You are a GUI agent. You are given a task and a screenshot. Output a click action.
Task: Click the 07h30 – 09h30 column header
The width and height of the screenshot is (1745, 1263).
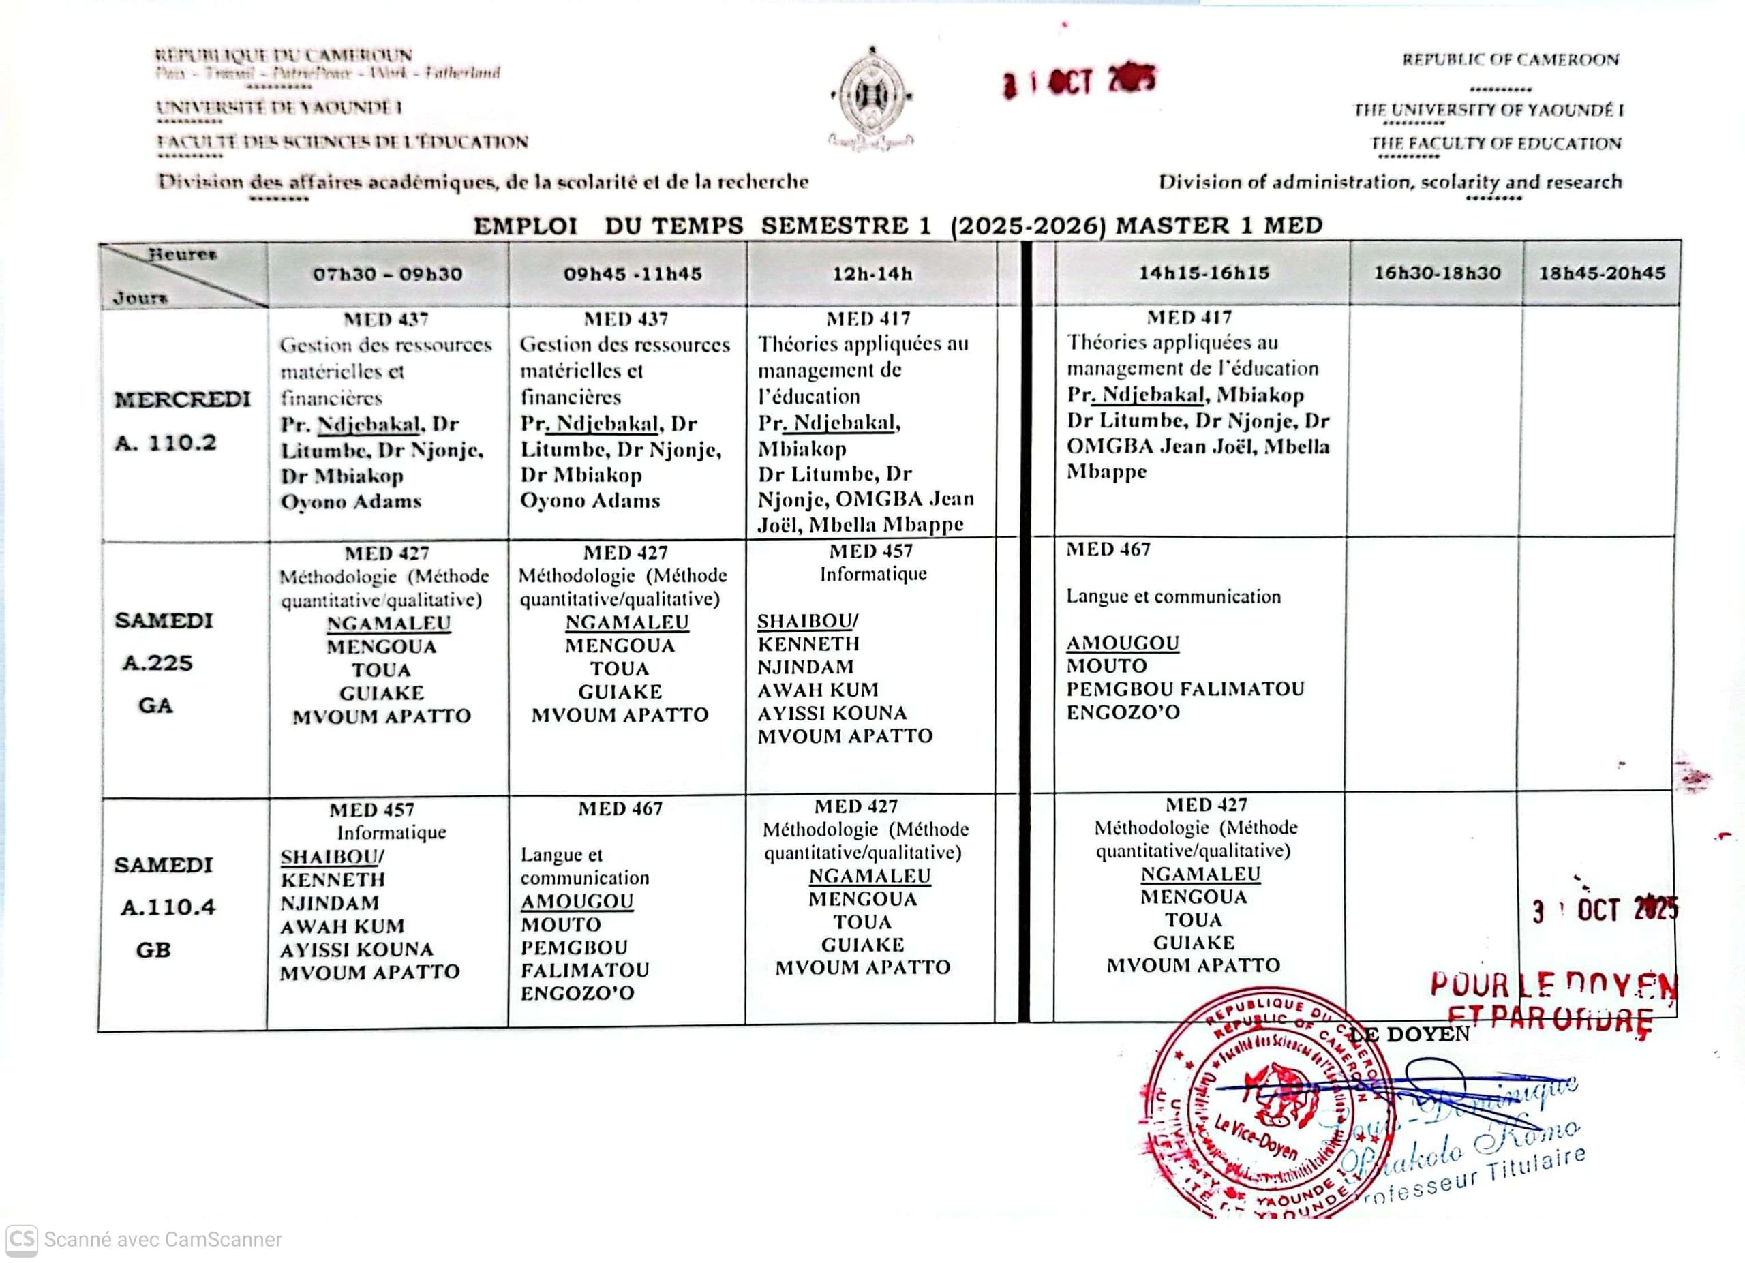tap(387, 275)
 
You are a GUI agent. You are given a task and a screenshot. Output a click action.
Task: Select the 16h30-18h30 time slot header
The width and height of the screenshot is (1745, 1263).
tap(1436, 273)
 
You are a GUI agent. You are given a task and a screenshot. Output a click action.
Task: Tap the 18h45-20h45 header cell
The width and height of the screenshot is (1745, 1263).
tap(1601, 273)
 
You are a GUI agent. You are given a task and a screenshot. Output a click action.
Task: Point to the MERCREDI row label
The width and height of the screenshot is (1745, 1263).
tap(183, 400)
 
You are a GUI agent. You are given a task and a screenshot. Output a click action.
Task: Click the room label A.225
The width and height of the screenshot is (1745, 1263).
tap(157, 663)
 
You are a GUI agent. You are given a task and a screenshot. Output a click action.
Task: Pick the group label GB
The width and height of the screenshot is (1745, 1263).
tap(153, 950)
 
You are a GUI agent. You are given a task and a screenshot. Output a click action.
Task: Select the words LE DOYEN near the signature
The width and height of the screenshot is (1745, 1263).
tap(1410, 1035)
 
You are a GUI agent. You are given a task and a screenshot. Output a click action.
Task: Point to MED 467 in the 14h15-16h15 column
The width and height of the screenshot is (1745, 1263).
tap(1108, 549)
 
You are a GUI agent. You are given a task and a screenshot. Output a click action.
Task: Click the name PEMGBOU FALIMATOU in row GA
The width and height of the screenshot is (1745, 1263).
tap(1185, 689)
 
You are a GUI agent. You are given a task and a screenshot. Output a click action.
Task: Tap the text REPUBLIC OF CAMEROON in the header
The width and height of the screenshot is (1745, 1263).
tap(1511, 60)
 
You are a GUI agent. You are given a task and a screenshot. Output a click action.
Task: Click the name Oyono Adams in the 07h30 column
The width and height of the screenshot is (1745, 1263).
tap(351, 502)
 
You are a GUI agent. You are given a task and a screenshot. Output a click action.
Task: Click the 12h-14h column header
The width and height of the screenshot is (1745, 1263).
tap(872, 274)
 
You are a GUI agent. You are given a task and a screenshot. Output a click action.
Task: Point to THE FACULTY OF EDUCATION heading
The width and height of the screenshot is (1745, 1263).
tap(1496, 144)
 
